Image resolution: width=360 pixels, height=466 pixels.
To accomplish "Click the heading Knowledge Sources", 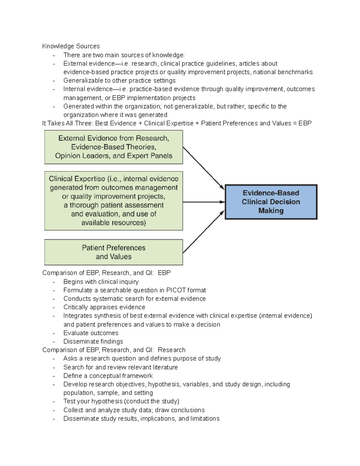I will tap(71, 46).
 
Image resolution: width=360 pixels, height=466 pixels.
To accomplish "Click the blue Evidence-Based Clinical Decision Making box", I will tap(271, 202).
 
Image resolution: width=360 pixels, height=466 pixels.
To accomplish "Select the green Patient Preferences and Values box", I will tap(113, 252).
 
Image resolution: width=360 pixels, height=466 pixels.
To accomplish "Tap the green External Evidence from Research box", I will tap(113, 147).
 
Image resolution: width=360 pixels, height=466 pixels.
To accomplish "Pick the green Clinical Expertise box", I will tap(113, 201).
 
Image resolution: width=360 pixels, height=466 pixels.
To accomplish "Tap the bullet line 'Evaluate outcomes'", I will tap(91, 333).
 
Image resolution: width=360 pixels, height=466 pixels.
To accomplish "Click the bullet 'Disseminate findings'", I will tap(93, 341).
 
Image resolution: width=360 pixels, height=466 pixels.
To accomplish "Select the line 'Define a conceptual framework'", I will tap(108, 376).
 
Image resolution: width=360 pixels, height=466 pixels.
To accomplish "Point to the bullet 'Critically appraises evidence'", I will tap(104, 307).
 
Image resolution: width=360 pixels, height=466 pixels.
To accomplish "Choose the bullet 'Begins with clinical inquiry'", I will tap(101, 282).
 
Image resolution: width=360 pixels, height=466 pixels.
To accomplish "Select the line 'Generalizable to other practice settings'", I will tap(119, 80).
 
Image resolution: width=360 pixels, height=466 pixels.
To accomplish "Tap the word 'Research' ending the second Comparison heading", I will tap(171, 350).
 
